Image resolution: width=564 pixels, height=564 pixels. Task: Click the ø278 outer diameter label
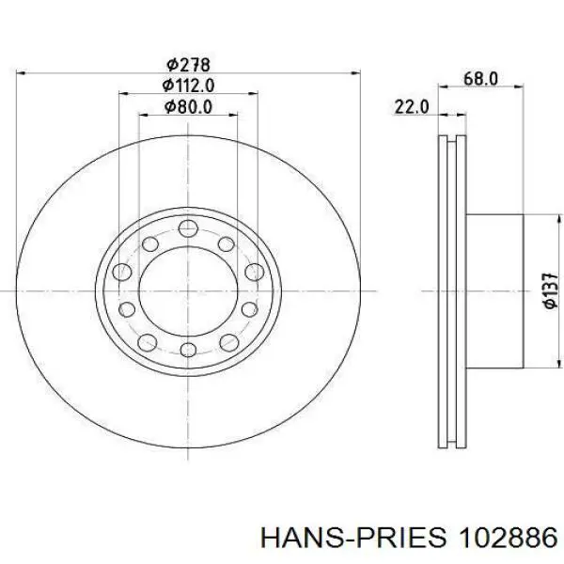188,65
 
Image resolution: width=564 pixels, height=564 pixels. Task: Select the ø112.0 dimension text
188,86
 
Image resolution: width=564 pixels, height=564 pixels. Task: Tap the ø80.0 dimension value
188,106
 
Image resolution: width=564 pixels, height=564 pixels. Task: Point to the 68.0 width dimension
480,78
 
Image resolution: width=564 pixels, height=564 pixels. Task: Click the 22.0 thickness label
412,107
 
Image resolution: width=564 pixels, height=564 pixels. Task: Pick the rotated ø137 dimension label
550,290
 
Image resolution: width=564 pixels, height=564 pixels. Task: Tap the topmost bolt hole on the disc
188,228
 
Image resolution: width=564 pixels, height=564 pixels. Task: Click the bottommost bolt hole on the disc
188,350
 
